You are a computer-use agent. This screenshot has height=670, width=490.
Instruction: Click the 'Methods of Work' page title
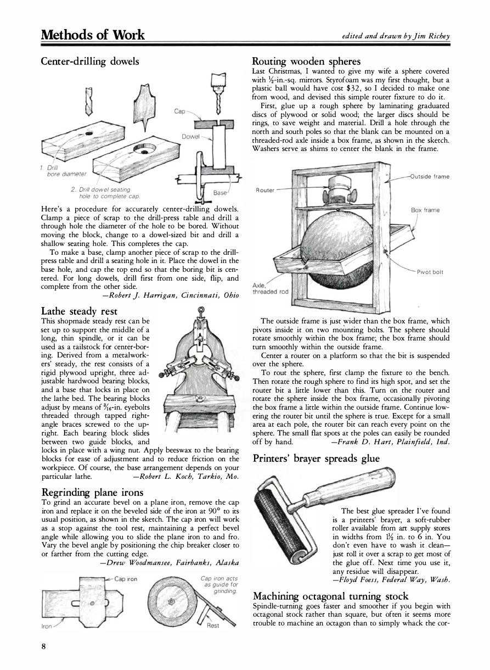[x=93, y=35]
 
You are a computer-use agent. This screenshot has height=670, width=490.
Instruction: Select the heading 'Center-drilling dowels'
[x=90, y=61]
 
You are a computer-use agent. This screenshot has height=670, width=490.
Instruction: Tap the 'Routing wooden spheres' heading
[x=306, y=61]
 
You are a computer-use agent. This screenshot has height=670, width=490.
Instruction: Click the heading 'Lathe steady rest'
[x=79, y=311]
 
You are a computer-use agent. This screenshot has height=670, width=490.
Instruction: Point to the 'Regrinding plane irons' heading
[x=92, y=492]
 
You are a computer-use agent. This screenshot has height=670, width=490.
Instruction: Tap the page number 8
[x=43, y=646]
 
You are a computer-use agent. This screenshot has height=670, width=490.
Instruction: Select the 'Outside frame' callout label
[x=429, y=176]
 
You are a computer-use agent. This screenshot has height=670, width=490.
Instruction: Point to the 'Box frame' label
[x=425, y=210]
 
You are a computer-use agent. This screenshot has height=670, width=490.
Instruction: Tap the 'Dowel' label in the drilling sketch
[x=189, y=136]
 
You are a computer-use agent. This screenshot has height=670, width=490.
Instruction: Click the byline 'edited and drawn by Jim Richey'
[x=395, y=36]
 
